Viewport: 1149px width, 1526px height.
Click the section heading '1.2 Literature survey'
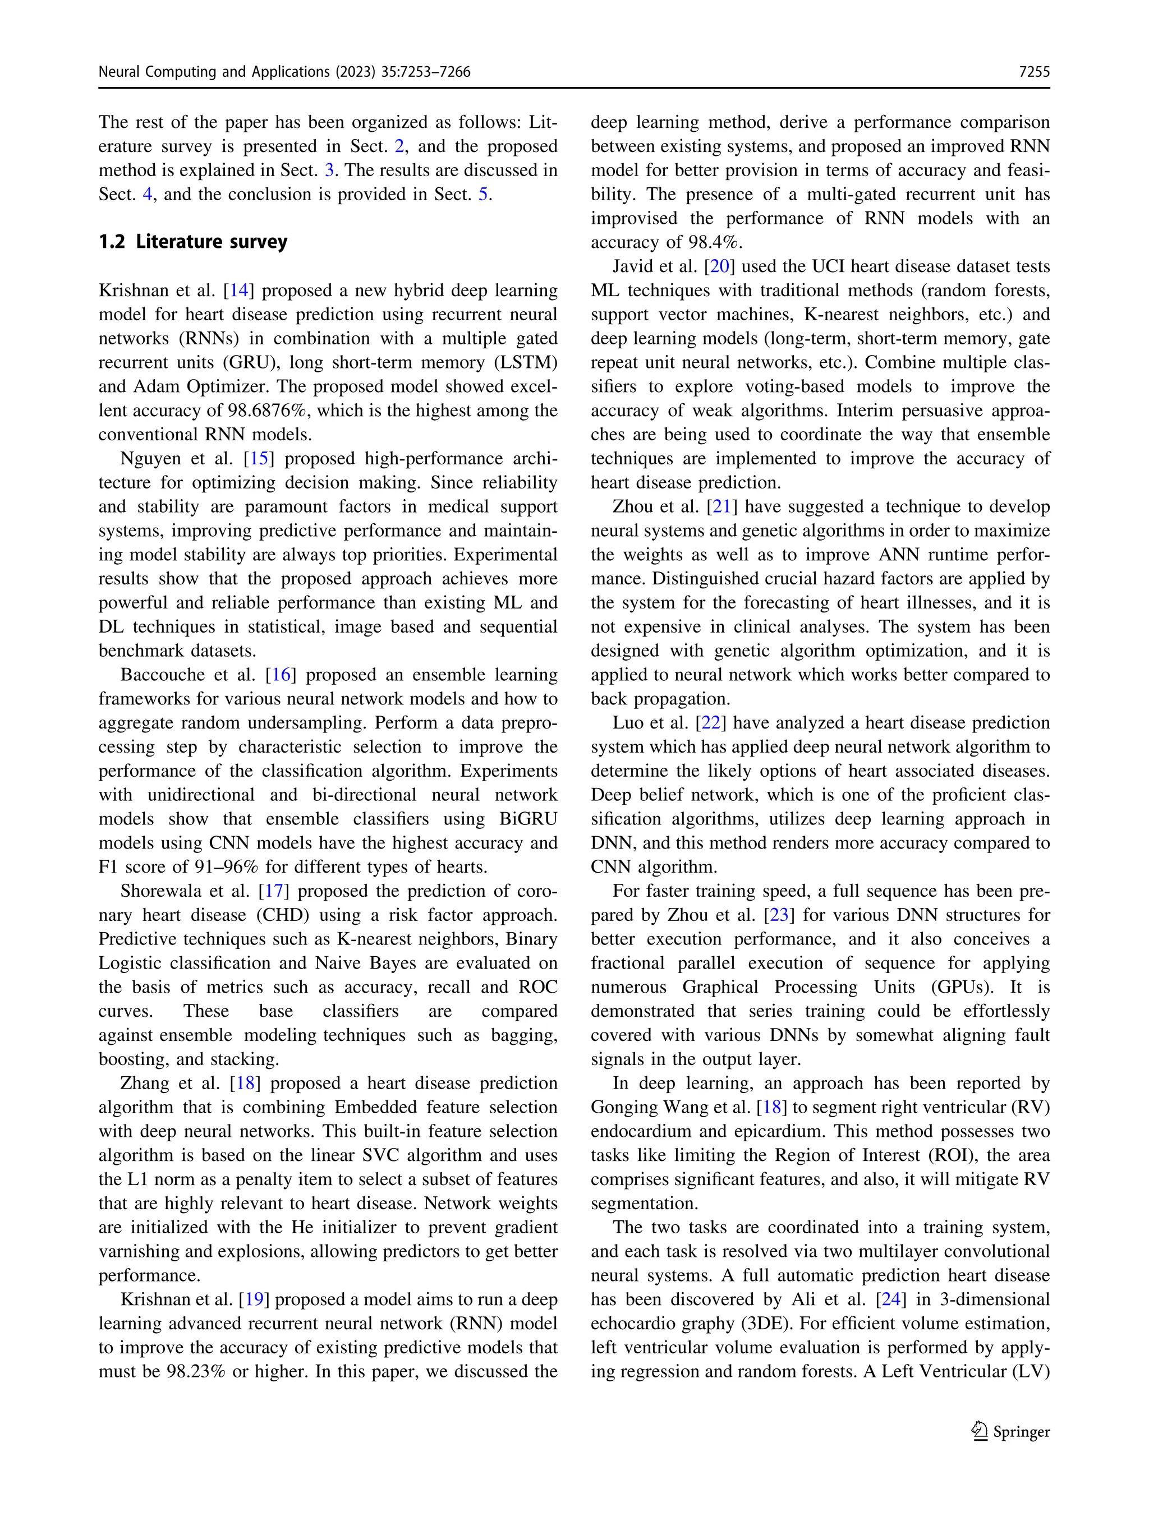click(x=192, y=242)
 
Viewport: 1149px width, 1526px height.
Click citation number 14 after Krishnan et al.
click(x=239, y=291)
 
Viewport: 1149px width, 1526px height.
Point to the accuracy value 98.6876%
click(x=270, y=411)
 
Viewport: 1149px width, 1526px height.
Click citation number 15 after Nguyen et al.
click(x=259, y=459)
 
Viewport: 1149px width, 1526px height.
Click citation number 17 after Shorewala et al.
click(x=273, y=891)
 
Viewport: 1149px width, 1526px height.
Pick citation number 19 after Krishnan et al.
click(x=254, y=1300)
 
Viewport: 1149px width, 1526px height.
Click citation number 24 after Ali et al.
click(x=890, y=1300)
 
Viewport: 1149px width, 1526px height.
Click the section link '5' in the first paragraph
click(x=483, y=195)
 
